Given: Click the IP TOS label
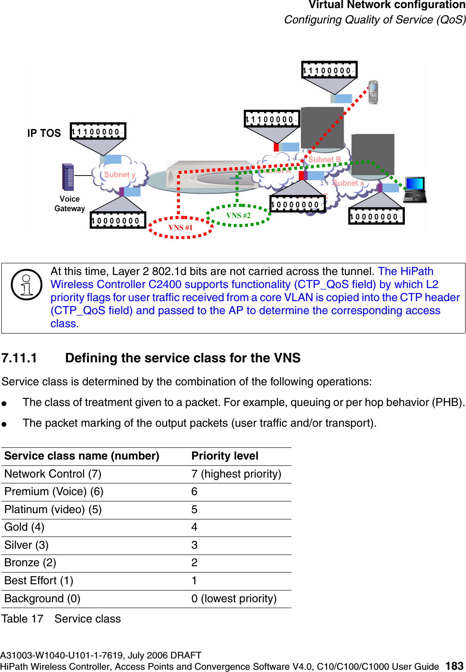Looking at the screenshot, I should [x=44, y=133].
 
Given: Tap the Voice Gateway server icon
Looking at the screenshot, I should [x=68, y=177].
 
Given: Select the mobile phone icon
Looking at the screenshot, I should [x=373, y=92].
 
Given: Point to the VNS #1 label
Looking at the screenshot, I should [x=180, y=228].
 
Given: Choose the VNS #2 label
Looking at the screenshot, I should [x=238, y=216].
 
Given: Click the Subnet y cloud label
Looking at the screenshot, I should [x=120, y=175].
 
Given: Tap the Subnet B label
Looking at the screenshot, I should [x=324, y=159].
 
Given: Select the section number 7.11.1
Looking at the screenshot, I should [x=19, y=358].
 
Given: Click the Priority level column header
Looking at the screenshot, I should [x=225, y=456].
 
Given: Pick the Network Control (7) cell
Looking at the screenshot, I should [x=53, y=474].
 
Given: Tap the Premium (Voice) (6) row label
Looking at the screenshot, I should [x=54, y=492].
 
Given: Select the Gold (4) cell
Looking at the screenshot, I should [x=24, y=527].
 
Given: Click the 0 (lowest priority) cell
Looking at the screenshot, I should [x=234, y=599].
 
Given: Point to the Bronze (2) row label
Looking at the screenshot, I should [x=30, y=563].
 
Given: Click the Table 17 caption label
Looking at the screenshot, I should [x=22, y=619].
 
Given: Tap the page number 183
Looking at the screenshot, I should [x=454, y=666].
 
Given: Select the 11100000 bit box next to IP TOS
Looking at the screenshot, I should [x=98, y=131].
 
